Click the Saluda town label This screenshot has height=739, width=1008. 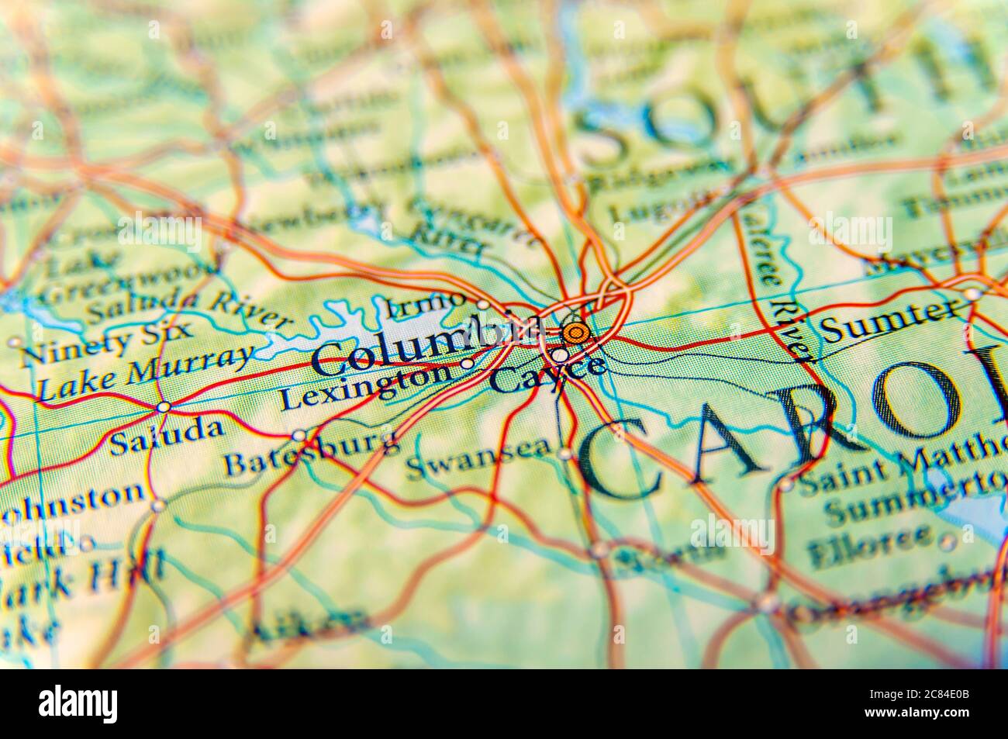coord(166,437)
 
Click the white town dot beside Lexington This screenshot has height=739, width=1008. coord(467,364)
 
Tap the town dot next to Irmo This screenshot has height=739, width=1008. coord(482,304)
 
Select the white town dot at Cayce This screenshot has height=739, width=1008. coord(559,355)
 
